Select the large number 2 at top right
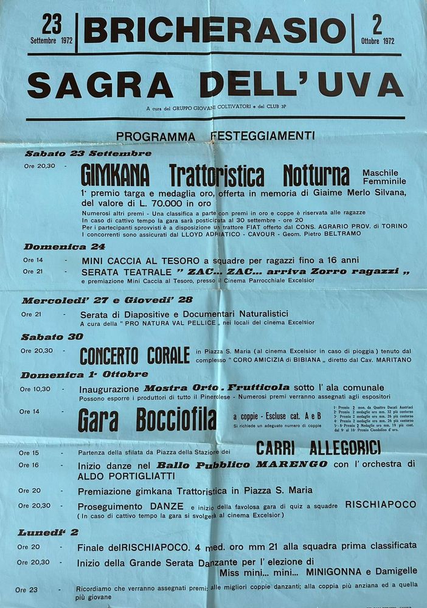click(377, 26)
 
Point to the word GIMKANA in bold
click(115, 175)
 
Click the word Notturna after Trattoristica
click(316, 175)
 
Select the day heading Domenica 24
click(64, 247)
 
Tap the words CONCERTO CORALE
click(134, 355)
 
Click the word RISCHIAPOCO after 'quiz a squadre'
click(381, 505)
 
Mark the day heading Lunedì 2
click(48, 533)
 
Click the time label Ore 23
click(27, 590)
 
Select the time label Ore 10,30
click(35, 389)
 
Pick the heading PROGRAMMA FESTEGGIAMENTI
click(215, 136)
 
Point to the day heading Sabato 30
click(52, 337)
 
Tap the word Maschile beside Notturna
click(380, 173)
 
